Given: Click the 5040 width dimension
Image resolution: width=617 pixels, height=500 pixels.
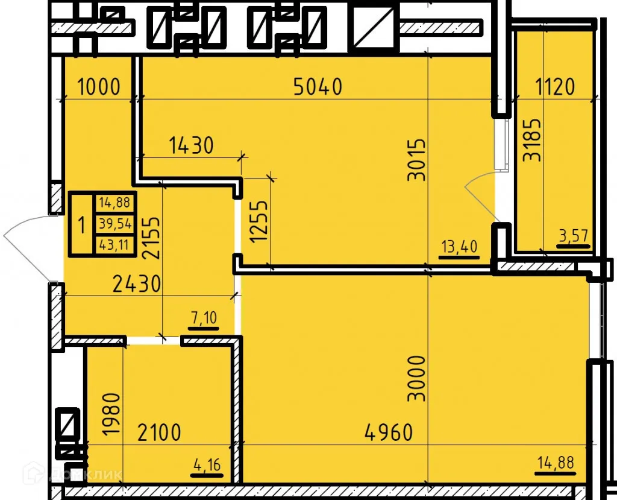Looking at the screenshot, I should point(318,87).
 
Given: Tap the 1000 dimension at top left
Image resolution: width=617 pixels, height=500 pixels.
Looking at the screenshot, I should point(99,87).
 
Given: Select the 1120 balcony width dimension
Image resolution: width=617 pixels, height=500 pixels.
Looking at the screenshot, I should point(555,87).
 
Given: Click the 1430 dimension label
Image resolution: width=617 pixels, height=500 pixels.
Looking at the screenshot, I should point(191,145).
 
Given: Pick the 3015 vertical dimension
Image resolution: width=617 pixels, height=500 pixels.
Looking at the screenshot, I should point(416,160).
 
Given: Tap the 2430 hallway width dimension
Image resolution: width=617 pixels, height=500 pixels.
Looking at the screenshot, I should point(137,283).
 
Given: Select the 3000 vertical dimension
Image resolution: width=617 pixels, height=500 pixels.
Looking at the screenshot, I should point(416,379).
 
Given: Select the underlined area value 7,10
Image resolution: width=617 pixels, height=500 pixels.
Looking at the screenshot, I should point(204,318).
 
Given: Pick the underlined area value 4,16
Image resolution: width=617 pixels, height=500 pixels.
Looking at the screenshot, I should point(206,466).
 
